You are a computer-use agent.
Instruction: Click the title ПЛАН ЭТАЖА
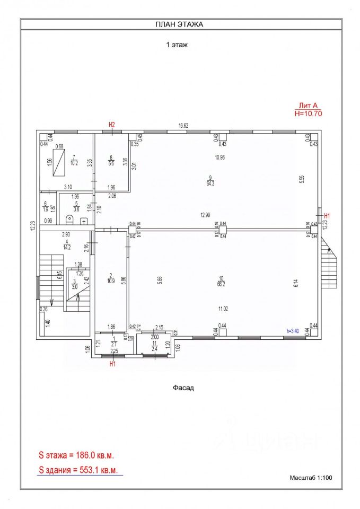(x=179, y=24)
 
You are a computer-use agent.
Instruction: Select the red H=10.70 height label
(x=308, y=113)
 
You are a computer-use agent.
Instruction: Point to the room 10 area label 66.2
(x=222, y=284)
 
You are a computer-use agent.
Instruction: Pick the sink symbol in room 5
(x=83, y=221)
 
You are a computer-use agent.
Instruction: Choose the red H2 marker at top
(x=112, y=125)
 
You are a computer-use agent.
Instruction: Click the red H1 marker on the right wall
(x=327, y=215)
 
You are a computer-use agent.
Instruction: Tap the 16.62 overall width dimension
(x=183, y=126)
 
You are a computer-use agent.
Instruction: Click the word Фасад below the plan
(x=183, y=388)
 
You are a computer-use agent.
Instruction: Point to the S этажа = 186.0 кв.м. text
(x=76, y=455)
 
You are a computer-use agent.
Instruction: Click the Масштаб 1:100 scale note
(x=311, y=478)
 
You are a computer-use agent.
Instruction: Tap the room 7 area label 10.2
(x=75, y=163)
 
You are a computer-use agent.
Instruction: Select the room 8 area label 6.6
(x=111, y=164)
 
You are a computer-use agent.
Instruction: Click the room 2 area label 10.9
(x=111, y=280)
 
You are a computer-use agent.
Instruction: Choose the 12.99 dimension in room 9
(x=206, y=215)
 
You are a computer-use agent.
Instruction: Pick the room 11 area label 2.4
(x=154, y=348)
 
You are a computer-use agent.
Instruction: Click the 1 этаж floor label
(x=177, y=45)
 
